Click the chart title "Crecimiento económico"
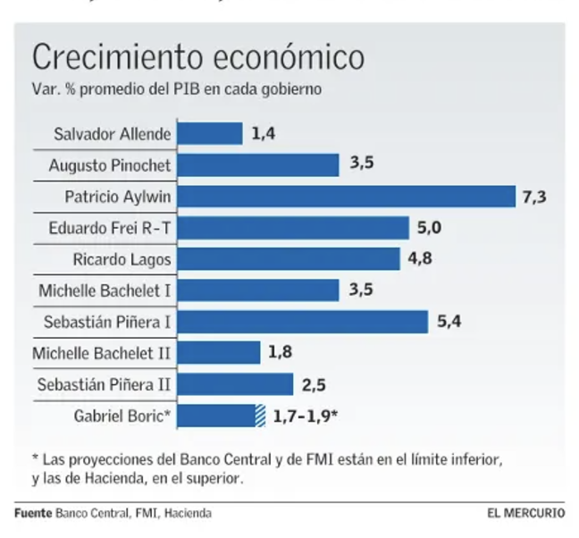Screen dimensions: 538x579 click(197, 58)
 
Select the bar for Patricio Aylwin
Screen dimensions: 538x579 click(348, 197)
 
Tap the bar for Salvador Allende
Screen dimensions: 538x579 click(211, 134)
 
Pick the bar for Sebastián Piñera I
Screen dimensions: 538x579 click(304, 322)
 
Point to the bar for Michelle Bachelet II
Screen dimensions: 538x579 click(220, 353)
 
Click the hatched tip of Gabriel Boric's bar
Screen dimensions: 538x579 click(261, 416)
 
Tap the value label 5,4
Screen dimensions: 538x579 click(449, 322)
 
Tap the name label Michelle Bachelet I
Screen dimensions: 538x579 click(105, 290)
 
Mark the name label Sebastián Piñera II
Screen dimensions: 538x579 click(105, 384)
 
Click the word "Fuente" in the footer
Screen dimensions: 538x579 click(33, 514)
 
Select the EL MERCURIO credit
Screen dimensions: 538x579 click(525, 514)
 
